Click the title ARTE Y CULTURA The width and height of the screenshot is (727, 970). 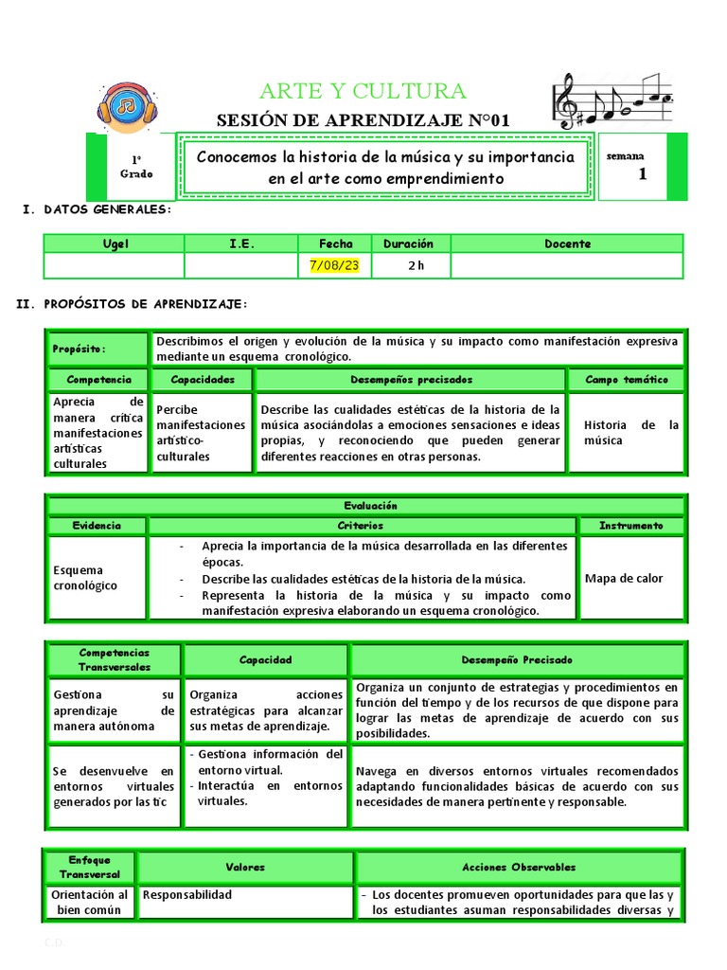(363, 91)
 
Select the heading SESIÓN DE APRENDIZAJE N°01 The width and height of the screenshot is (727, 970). (363, 120)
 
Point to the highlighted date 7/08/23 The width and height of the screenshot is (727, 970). (334, 265)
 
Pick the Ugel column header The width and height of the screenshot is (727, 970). (115, 243)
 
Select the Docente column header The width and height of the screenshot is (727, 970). (567, 243)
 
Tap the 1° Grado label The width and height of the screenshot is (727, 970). (136, 168)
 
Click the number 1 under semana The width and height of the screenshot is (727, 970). (643, 173)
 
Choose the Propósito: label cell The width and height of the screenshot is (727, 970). (98, 349)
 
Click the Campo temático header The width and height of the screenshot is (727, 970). (626, 380)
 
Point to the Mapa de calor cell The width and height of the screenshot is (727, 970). (624, 578)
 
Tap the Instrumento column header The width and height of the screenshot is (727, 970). (630, 526)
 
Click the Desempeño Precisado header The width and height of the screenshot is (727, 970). (516, 659)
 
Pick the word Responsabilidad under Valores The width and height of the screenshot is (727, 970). (186, 894)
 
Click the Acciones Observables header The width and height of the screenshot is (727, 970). (519, 867)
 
